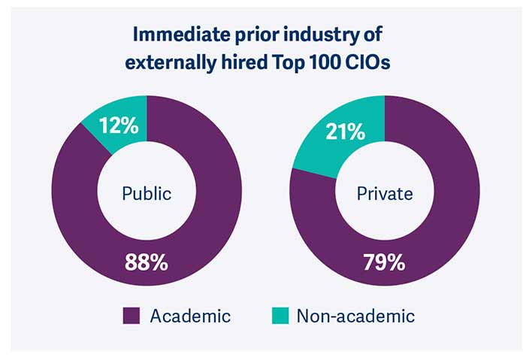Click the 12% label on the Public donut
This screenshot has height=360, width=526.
click(119, 126)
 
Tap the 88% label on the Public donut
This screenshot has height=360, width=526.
click(147, 264)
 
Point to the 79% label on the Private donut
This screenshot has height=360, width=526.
click(384, 263)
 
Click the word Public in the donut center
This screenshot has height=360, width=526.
click(147, 193)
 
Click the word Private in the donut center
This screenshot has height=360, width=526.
click(385, 193)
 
